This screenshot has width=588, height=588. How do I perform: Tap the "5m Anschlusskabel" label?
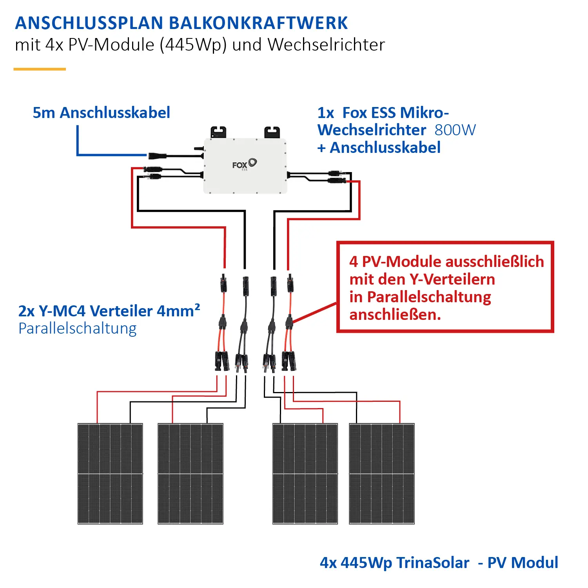(x=101, y=113)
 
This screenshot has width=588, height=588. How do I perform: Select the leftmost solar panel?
(x=110, y=474)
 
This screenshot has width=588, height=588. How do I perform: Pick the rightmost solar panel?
(x=382, y=474)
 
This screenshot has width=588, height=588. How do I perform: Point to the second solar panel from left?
(x=191, y=474)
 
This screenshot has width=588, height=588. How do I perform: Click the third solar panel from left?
(x=305, y=474)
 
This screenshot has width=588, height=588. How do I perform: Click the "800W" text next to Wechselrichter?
(x=455, y=130)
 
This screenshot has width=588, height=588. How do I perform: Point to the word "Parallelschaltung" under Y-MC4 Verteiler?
(x=78, y=328)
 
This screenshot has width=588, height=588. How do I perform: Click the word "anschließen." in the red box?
(x=395, y=314)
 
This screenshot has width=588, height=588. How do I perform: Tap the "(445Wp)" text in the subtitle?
(x=193, y=45)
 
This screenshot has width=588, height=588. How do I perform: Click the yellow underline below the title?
(x=40, y=69)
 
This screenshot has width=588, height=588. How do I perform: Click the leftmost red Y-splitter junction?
(x=222, y=323)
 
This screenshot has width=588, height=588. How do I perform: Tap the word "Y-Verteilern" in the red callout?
(x=452, y=279)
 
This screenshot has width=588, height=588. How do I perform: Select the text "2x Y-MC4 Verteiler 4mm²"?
(x=109, y=310)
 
